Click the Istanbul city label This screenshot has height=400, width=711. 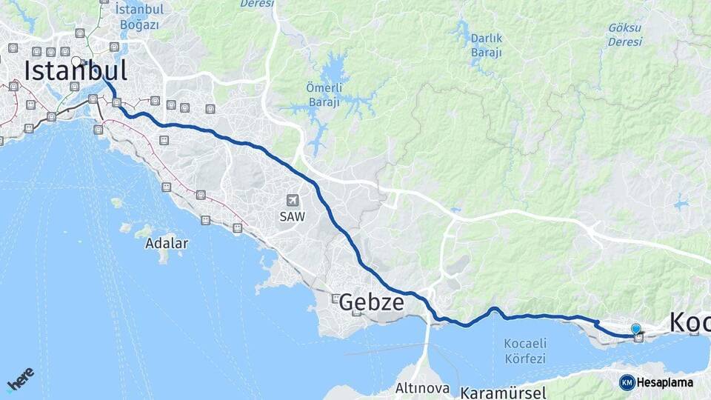76,71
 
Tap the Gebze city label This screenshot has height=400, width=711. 372,302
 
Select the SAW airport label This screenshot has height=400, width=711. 293,216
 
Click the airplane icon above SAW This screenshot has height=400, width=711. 293,201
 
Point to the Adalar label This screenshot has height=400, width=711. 167,243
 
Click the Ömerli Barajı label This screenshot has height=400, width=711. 323,96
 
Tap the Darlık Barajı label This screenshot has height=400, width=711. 487,45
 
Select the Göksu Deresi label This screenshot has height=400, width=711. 625,35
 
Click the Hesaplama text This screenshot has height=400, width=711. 664,383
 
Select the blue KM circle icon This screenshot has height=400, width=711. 627,382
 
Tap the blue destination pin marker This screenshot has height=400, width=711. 635,329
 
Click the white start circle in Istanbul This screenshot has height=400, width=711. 76,61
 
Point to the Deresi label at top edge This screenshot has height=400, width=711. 256,4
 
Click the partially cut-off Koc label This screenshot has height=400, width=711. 690,323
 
